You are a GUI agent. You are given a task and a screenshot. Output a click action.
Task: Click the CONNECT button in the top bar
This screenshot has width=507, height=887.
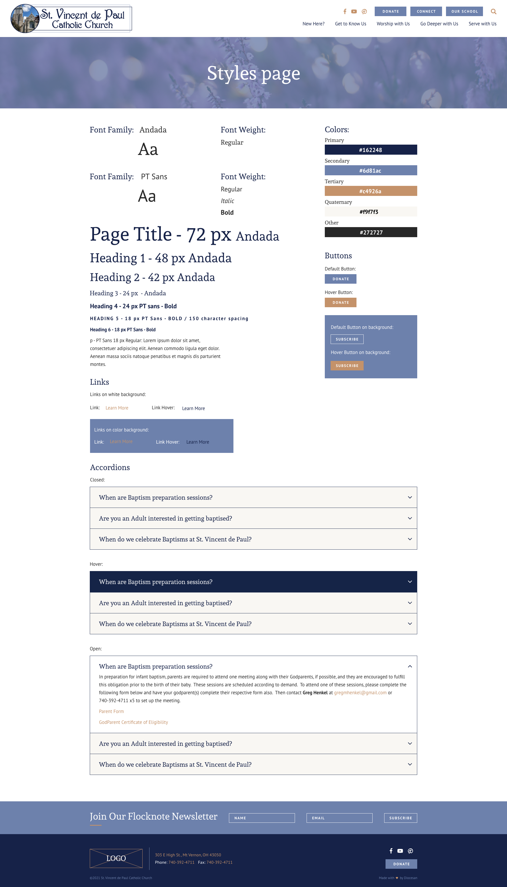pos(426,12)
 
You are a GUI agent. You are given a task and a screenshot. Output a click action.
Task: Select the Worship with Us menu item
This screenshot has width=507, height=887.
pos(393,24)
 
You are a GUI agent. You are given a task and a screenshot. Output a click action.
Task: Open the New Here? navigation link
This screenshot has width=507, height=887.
pos(313,24)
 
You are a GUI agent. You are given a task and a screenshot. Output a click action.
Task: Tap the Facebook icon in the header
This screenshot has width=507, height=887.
pos(345,12)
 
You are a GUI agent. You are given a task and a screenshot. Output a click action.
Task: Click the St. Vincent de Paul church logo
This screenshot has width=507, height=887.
pos(71,19)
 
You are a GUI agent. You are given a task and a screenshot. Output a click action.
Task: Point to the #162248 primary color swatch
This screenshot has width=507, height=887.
pos(370,150)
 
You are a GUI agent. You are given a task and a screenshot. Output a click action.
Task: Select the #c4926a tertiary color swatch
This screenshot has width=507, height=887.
pos(370,191)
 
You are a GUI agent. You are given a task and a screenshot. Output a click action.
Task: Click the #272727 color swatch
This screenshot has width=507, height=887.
pos(370,232)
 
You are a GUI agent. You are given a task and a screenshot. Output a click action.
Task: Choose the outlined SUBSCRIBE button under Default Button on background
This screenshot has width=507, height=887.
pos(347,339)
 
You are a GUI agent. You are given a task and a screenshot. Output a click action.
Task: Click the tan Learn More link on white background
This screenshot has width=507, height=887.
pos(117,408)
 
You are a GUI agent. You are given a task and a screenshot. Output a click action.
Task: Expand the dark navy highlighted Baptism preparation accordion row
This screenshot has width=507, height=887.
pos(253,582)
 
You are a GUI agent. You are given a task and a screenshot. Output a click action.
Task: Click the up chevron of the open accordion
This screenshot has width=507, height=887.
pos(410,667)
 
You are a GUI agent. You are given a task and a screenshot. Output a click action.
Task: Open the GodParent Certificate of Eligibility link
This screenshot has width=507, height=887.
pos(133,722)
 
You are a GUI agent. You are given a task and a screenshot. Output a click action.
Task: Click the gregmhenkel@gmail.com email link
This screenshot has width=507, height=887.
pos(360,692)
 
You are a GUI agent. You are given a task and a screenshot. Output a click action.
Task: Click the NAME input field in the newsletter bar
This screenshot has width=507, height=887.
pos(261,818)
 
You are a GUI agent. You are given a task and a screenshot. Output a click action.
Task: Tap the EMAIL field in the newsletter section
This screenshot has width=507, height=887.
pos(339,818)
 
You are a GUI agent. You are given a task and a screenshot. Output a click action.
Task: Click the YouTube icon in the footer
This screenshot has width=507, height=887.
pos(400,851)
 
